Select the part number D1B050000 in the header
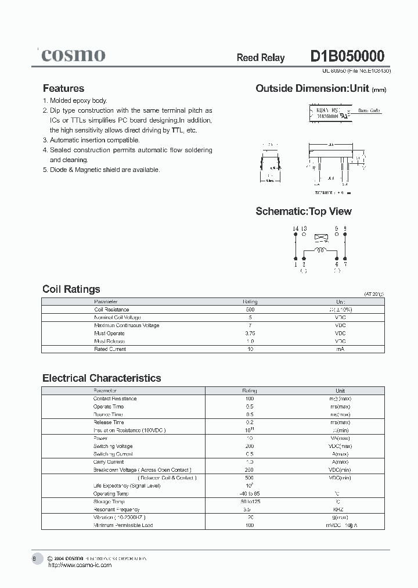click(347, 56)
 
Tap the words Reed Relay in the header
click(261, 58)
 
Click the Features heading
click(63, 88)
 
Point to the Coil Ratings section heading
click(71, 289)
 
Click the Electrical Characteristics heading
click(102, 378)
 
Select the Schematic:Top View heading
click(304, 211)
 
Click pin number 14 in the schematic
click(295, 228)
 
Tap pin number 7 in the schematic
click(345, 264)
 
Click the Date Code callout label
click(369, 110)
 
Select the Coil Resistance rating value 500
click(250, 310)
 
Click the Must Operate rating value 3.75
click(250, 334)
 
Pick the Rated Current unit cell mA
click(340, 349)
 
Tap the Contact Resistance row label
click(115, 399)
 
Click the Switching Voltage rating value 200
click(250, 446)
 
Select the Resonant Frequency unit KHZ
click(340, 509)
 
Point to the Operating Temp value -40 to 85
click(250, 493)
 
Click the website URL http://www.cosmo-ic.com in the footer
click(80, 565)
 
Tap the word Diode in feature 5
click(58, 170)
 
